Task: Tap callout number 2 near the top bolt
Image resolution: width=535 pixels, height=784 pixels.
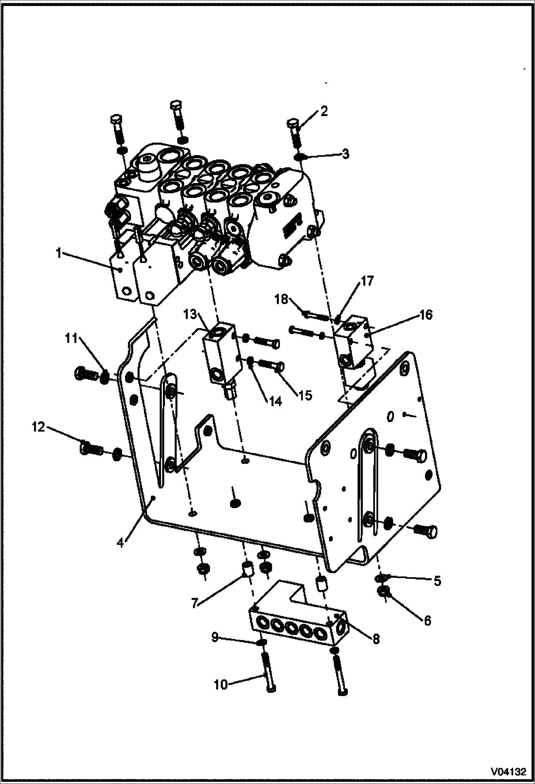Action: (324, 111)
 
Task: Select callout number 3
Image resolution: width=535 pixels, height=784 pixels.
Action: (345, 154)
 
